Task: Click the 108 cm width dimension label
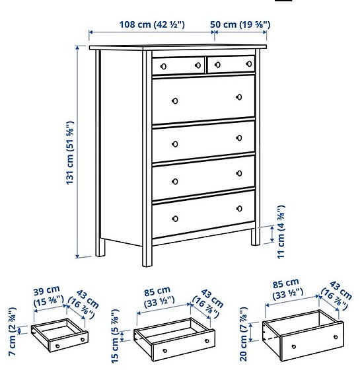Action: click(x=151, y=24)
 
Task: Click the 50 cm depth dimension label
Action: click(x=240, y=24)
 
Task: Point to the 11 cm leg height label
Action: click(x=281, y=235)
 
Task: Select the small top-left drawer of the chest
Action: click(x=178, y=65)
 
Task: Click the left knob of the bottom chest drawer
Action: click(x=175, y=218)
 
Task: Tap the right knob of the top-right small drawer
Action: click(x=249, y=63)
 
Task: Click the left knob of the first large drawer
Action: click(x=175, y=100)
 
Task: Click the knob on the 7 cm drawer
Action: click(x=57, y=346)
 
